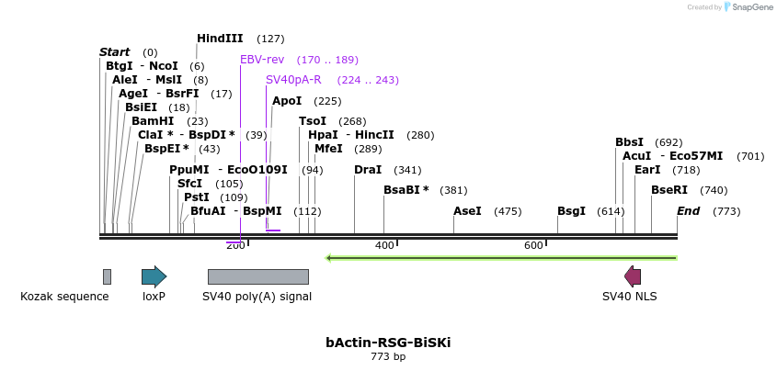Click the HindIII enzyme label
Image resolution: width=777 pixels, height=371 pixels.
tap(220, 39)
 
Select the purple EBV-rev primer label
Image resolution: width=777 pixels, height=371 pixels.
tap(262, 60)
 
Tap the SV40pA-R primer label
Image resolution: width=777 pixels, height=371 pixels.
tap(293, 80)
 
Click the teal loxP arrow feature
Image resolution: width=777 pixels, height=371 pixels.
tap(154, 276)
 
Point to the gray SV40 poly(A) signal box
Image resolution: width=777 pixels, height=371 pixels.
tap(257, 276)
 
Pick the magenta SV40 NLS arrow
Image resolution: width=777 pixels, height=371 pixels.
tap(633, 276)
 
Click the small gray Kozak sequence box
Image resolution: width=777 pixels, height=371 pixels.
tap(107, 276)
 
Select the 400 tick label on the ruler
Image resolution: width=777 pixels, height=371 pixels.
tap(384, 245)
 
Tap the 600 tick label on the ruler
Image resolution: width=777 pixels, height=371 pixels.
tap(533, 245)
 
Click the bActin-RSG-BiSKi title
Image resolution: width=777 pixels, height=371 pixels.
tap(388, 343)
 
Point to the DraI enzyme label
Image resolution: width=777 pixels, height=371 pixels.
tap(368, 170)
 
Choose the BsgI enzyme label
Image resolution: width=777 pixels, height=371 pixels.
tap(571, 211)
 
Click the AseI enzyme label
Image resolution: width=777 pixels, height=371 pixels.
tap(467, 211)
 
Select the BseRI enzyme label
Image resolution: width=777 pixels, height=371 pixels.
tap(669, 190)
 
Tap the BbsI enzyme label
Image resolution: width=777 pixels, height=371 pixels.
tap(630, 142)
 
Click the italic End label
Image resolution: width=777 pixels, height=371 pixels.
tap(689, 211)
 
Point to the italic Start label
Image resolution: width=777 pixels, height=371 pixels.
tap(115, 52)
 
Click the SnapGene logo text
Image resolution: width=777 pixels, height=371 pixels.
tap(750, 7)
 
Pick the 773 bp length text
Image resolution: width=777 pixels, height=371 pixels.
tap(388, 356)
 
